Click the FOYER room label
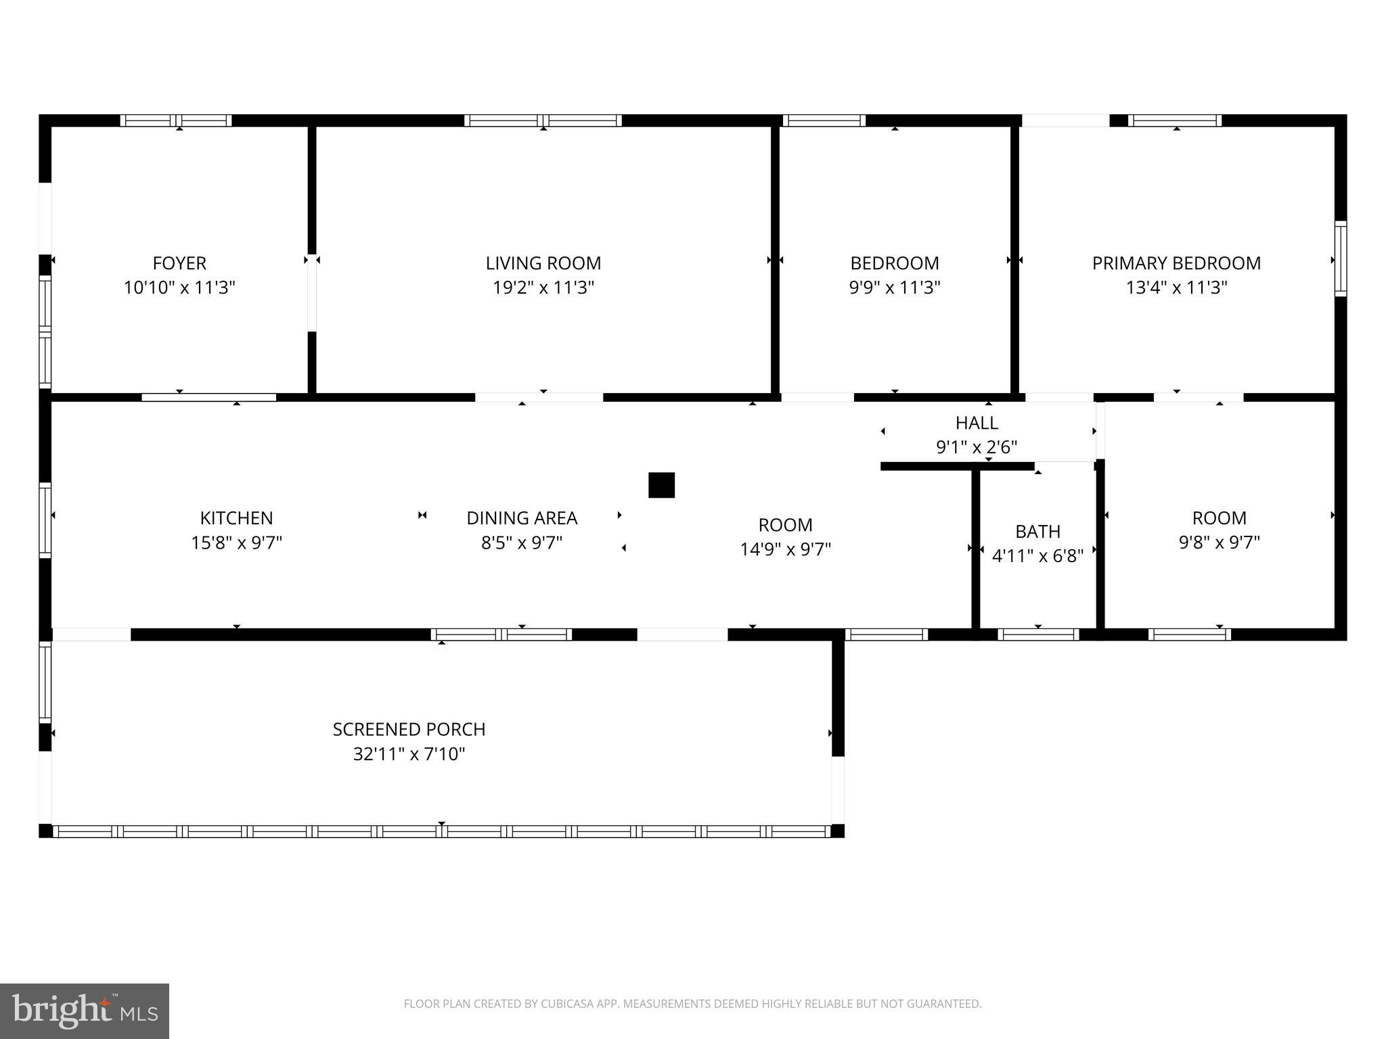pyautogui.click(x=179, y=262)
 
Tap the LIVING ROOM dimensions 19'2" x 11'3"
pyautogui.click(x=543, y=287)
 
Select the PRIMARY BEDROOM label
pyautogui.click(x=1176, y=262)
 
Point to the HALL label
pyautogui.click(x=977, y=423)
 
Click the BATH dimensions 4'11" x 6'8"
pyautogui.click(x=1037, y=556)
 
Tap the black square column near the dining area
pyautogui.click(x=661, y=485)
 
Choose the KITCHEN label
pyautogui.click(x=236, y=518)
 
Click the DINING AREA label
pyautogui.click(x=522, y=518)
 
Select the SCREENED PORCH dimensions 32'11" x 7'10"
pyautogui.click(x=409, y=754)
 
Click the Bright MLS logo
pyautogui.click(x=85, y=1011)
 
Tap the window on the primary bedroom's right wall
pyautogui.click(x=1340, y=258)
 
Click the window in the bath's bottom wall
pyautogui.click(x=1037, y=634)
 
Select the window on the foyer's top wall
pyautogui.click(x=176, y=121)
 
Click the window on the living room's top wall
pyautogui.click(x=543, y=121)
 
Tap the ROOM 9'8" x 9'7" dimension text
pyautogui.click(x=1219, y=542)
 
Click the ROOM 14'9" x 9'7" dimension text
pyautogui.click(x=785, y=549)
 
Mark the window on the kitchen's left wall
pyautogui.click(x=45, y=519)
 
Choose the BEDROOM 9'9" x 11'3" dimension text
pyautogui.click(x=895, y=287)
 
